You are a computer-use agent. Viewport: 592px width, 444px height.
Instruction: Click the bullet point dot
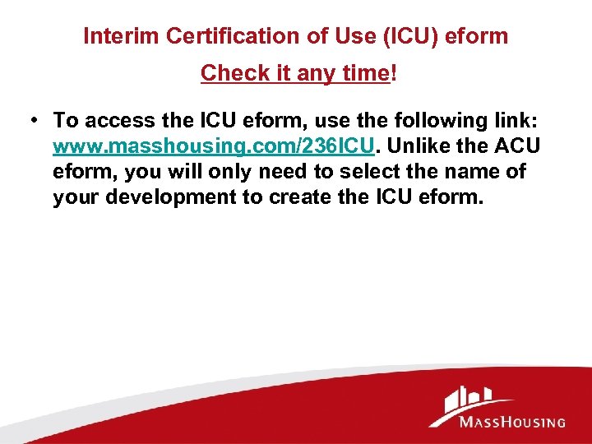click(x=31, y=121)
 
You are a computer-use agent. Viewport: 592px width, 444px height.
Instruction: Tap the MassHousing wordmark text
click(x=512, y=423)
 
